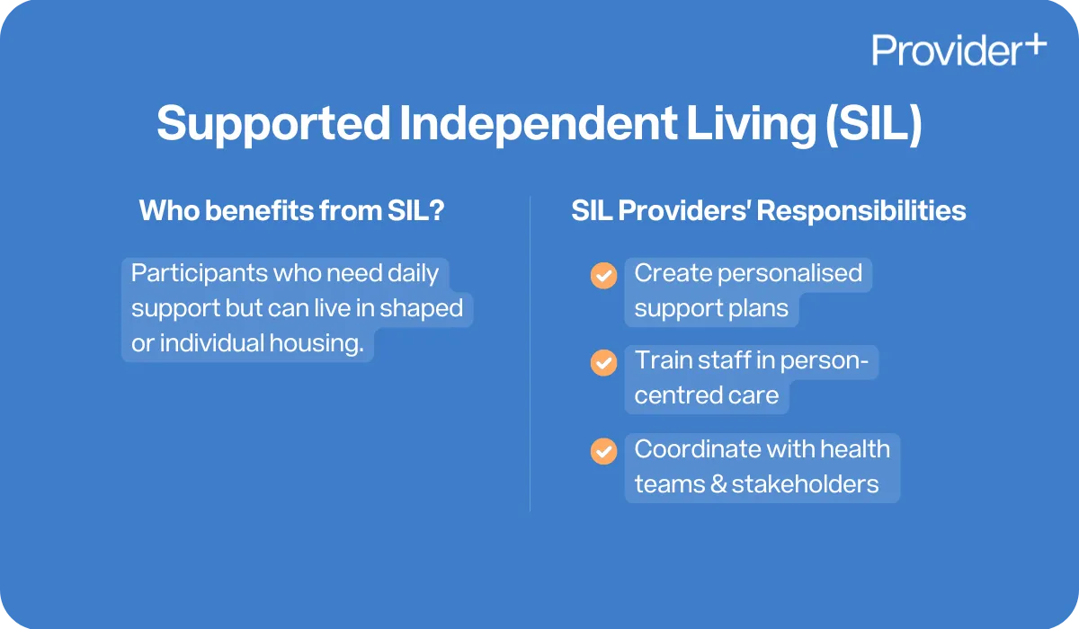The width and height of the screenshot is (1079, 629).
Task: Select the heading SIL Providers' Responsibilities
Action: (x=769, y=211)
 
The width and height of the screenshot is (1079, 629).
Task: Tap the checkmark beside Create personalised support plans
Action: (x=603, y=276)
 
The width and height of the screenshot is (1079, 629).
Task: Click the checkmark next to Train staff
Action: (x=603, y=363)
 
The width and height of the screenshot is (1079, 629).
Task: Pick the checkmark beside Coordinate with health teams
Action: (x=603, y=450)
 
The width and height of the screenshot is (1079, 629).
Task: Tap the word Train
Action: (x=658, y=359)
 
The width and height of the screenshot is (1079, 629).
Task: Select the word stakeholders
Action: (x=805, y=483)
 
